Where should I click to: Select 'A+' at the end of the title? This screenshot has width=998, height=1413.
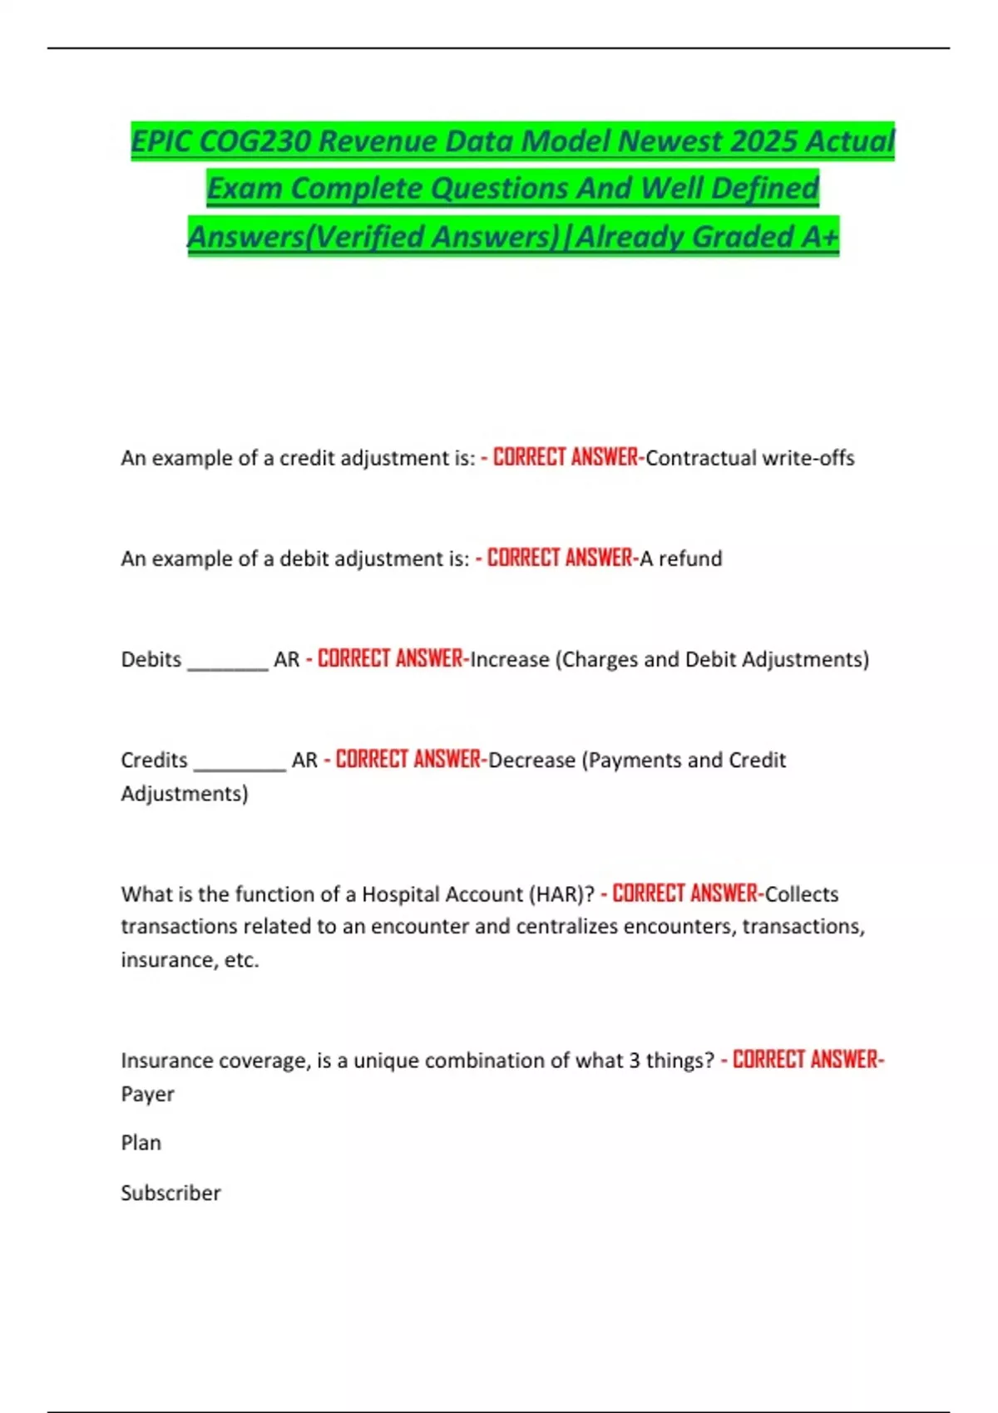tap(820, 237)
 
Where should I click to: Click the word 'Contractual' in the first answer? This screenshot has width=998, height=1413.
tap(701, 458)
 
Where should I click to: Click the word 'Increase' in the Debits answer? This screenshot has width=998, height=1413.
tap(510, 660)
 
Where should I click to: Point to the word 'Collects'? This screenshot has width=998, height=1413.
tap(802, 894)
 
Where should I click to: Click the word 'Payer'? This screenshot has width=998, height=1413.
tap(148, 1095)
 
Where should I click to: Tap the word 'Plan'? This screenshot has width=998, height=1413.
tap(141, 1144)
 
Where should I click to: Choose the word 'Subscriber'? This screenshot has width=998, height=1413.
tap(170, 1194)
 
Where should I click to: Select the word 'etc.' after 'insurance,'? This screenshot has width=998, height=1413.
tap(242, 961)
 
